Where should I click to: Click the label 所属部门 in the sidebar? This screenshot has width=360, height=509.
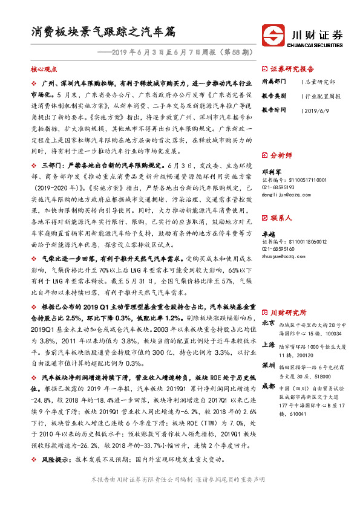pos(274,81)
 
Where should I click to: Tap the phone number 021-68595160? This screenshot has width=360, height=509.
pos(278,248)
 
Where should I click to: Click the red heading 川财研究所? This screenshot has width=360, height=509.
pos(287,312)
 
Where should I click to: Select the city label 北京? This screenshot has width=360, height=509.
pos(268,324)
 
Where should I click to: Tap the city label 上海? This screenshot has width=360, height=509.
pos(268,345)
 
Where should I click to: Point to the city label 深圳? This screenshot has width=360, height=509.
pos(268,366)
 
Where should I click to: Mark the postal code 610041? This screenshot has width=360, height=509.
pos(291,413)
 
